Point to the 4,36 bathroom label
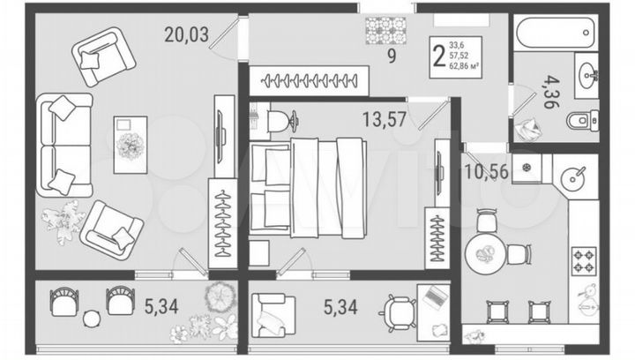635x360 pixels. point(550,90)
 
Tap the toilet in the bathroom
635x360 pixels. point(583,120)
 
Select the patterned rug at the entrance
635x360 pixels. point(385,33)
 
